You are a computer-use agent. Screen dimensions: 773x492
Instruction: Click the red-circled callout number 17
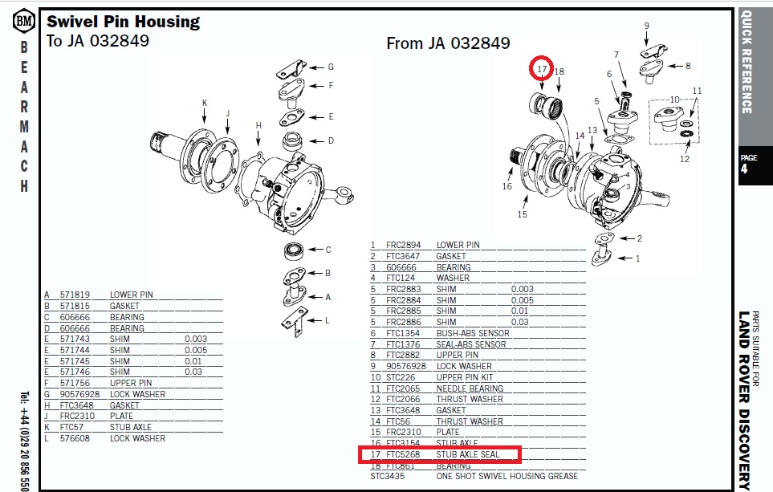542,68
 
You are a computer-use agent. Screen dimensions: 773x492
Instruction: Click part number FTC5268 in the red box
403,454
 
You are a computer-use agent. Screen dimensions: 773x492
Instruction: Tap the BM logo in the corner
23,21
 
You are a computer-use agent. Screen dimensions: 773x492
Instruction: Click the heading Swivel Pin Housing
124,22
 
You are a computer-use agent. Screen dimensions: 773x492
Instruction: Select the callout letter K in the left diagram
205,103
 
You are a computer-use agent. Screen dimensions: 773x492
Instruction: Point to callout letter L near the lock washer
327,320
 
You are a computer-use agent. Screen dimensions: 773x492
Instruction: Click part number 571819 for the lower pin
75,295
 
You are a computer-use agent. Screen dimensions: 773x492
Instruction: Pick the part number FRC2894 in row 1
403,245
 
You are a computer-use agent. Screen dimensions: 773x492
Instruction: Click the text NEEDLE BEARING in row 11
470,388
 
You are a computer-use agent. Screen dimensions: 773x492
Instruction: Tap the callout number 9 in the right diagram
646,26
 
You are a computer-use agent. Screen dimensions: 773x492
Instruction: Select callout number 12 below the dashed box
684,159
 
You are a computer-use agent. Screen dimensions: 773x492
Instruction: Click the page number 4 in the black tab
744,169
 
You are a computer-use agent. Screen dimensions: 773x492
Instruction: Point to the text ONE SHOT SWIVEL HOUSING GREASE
507,476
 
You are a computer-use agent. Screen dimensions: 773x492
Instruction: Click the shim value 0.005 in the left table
196,350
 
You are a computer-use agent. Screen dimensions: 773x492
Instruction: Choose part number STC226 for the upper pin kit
401,377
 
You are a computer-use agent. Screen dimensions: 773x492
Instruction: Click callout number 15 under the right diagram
522,214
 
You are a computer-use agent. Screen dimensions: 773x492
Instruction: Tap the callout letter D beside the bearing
331,141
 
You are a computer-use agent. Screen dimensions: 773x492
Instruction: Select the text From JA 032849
448,43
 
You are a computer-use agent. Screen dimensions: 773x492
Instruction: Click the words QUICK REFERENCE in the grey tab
747,62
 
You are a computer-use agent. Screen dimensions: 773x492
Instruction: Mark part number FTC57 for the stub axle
71,427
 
